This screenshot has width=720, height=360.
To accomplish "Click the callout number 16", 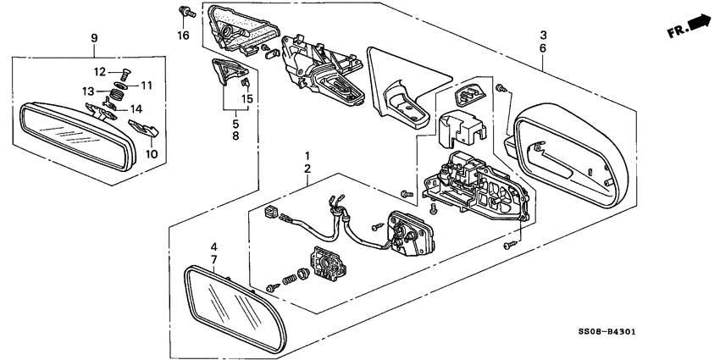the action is tap(183, 36).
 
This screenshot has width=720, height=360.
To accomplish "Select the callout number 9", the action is tap(94, 38).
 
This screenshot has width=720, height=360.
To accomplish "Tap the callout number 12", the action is tap(100, 72).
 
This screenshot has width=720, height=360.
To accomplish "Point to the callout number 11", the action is tap(147, 86).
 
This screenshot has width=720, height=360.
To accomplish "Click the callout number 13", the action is tap(89, 91).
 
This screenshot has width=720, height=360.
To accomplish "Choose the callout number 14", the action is tap(136, 109).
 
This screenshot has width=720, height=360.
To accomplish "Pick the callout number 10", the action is tap(152, 154).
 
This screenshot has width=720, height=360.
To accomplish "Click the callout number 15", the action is tap(247, 99).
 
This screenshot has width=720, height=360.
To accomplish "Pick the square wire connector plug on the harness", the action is tap(271, 212).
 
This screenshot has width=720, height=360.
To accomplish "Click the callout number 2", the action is tap(307, 169).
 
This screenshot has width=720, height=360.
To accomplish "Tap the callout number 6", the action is tap(543, 48).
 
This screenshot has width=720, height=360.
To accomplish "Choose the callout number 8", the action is tap(235, 136).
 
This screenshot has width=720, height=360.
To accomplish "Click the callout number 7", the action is tap(214, 259).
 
